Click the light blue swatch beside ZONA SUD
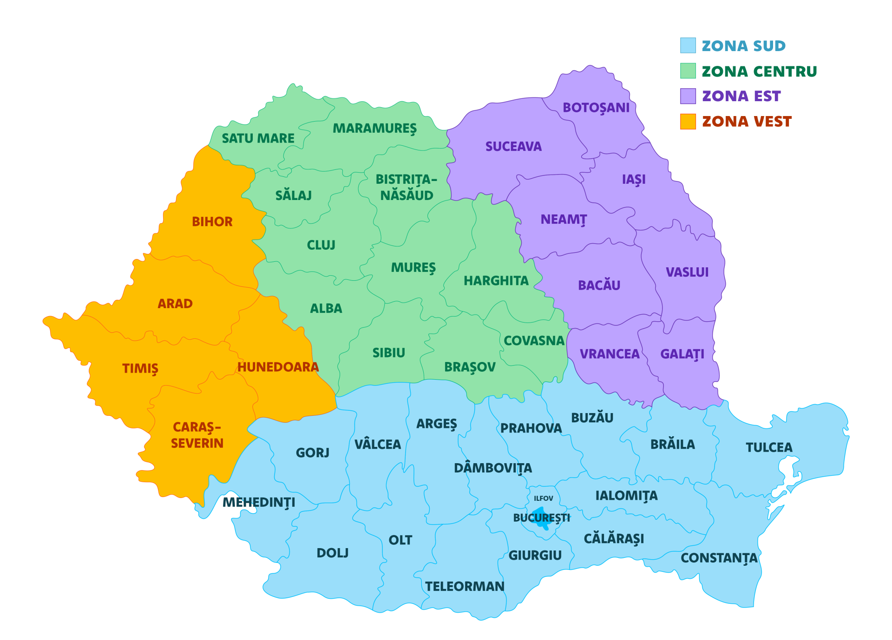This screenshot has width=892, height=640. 688,45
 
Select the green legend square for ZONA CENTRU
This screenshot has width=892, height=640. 688,71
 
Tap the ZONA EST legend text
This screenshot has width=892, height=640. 741,97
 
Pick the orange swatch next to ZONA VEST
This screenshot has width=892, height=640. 688,122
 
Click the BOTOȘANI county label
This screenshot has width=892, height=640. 596,108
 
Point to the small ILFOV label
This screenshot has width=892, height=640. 543,498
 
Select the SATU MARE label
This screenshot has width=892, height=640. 258,138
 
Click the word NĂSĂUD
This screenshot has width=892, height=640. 407,196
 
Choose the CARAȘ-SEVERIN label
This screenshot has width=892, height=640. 197,435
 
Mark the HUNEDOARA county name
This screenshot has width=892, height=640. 278,367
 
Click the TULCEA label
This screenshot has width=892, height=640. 769,447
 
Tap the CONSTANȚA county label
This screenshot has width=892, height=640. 719,558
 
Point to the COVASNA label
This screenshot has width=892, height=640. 534,341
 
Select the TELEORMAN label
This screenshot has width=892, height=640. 465,587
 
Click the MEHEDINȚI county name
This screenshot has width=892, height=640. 259,503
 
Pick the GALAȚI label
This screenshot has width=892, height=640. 682,354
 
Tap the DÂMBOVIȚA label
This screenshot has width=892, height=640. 493,468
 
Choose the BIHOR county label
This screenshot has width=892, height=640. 212,222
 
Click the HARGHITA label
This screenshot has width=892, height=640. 496,281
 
